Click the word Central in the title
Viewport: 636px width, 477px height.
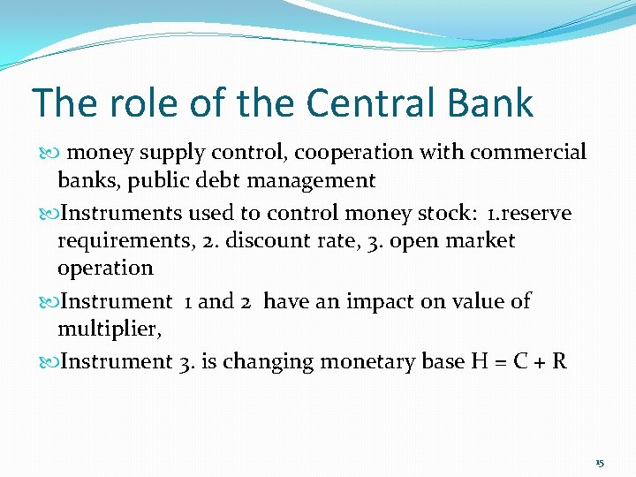pos(381,102)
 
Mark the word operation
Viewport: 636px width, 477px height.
pos(105,268)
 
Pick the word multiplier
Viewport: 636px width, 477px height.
pos(102,329)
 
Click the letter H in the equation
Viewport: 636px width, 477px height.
pos(479,361)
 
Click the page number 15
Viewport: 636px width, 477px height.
pos(600,463)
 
